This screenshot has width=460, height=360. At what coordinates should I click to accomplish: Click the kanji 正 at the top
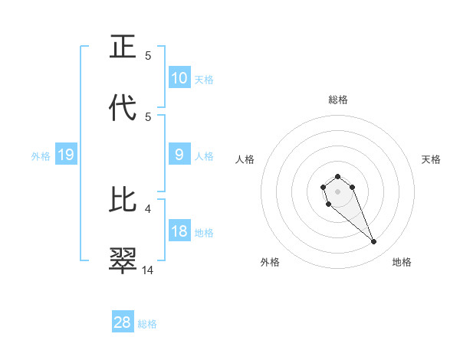123,48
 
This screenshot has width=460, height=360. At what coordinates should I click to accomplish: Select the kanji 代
123,109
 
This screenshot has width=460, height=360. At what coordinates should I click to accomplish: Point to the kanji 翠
123,261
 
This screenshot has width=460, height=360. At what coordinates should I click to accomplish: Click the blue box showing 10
179,78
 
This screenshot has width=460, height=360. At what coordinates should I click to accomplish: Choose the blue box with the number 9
179,155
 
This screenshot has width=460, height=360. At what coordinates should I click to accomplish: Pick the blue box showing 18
179,231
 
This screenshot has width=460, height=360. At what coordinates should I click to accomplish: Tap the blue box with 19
66,155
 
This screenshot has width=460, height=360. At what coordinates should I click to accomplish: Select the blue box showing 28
123,322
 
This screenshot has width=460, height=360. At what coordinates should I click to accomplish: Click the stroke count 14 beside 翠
148,270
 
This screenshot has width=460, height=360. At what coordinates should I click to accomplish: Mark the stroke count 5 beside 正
148,56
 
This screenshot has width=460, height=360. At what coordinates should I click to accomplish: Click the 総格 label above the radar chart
338,100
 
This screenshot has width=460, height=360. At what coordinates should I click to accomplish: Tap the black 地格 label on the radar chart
402,262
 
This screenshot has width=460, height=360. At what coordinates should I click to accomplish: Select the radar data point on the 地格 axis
374,242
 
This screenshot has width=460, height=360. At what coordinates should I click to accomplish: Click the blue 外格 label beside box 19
41,156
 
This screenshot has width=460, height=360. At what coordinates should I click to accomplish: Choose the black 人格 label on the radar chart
245,159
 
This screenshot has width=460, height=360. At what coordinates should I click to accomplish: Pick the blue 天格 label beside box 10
204,80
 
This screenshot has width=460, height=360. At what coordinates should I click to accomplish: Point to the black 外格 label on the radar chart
270,262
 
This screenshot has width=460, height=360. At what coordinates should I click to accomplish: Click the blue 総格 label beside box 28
147,324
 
